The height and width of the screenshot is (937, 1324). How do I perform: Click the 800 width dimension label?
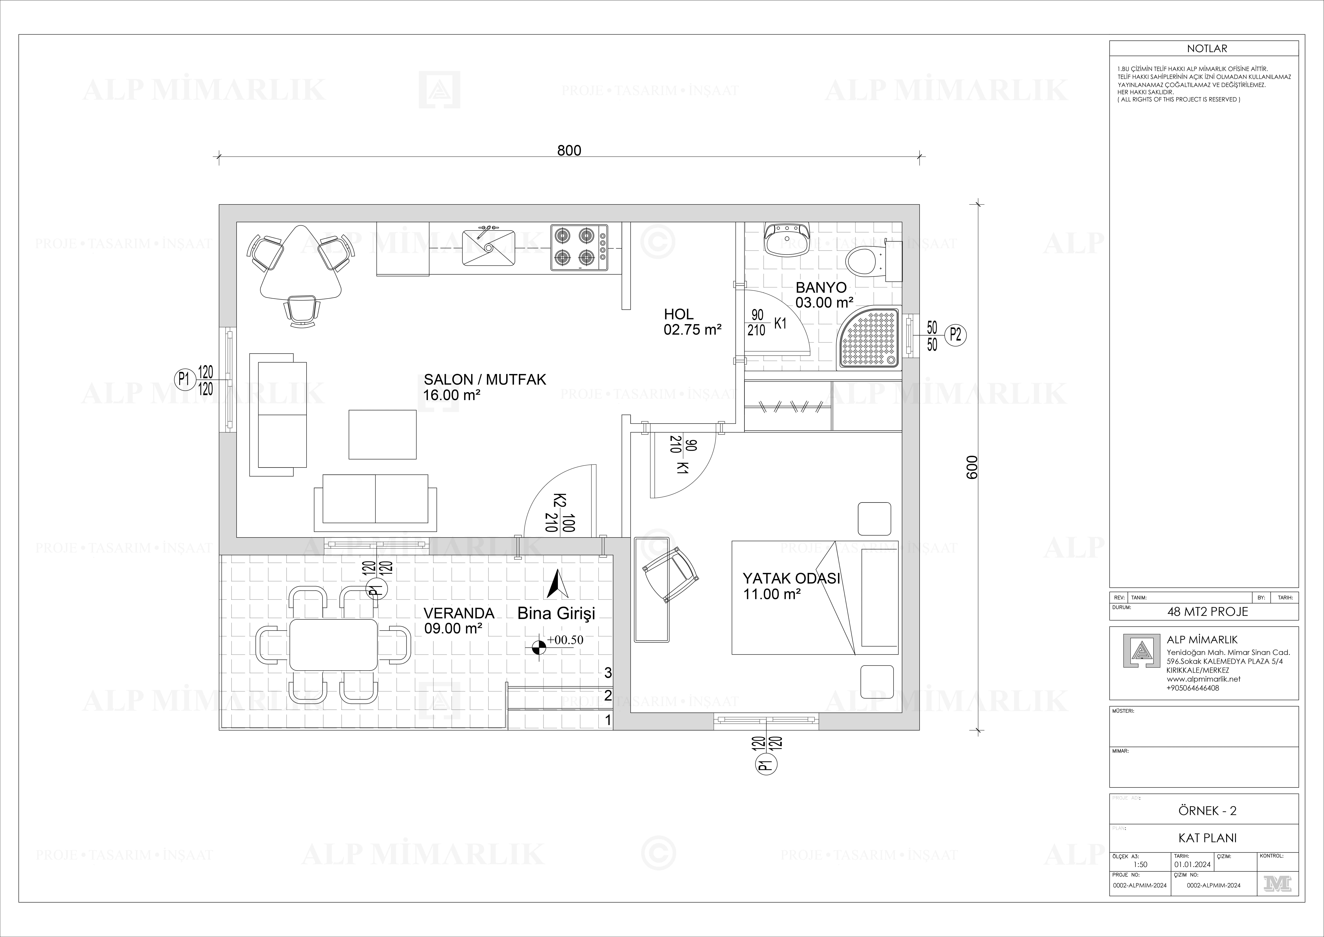click(x=569, y=151)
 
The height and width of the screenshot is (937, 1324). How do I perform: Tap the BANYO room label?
click(x=821, y=287)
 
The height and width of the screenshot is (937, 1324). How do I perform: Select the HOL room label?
click(x=679, y=315)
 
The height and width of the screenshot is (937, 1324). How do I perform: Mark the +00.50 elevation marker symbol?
click(x=539, y=648)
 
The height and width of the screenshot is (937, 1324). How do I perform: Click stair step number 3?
click(x=608, y=673)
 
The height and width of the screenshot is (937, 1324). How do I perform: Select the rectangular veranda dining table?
click(x=333, y=644)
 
